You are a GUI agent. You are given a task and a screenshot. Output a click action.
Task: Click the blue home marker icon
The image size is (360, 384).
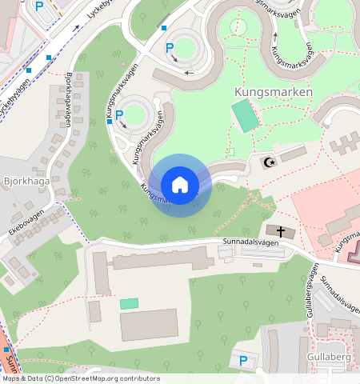point(180,185)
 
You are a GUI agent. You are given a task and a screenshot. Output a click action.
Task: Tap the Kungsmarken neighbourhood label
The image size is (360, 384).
point(273,93)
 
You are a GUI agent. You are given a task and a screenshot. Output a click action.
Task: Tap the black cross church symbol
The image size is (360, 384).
point(281,231)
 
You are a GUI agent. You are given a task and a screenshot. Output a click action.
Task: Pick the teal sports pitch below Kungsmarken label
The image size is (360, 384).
point(246,117)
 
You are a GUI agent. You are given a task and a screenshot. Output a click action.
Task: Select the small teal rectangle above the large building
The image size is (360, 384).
point(129,304)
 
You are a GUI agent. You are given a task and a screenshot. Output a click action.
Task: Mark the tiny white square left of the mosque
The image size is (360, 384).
point(231,151)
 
